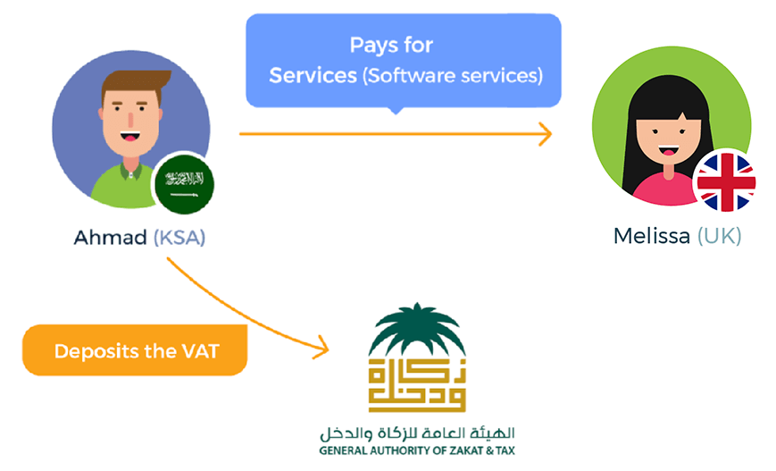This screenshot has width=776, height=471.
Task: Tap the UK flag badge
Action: tap(725, 181)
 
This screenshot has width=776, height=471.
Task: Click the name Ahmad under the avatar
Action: tap(110, 239)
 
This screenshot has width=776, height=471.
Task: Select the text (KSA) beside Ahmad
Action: tap(179, 239)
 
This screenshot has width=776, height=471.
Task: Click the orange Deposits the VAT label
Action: tap(134, 350)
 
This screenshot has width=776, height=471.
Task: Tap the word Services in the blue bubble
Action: tap(313, 75)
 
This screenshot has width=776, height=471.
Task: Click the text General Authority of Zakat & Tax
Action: tap(416, 450)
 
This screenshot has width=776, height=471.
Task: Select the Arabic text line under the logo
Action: tap(416, 434)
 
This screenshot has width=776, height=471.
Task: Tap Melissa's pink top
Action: tap(661, 188)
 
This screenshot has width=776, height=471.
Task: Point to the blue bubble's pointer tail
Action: tap(395, 111)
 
